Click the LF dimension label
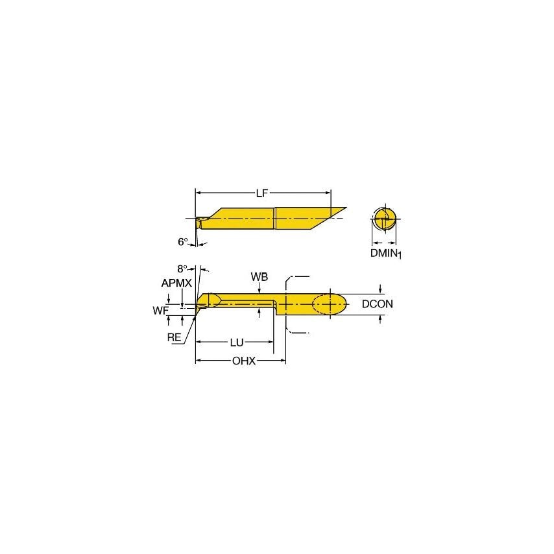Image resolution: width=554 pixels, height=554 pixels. pyautogui.click(x=263, y=193)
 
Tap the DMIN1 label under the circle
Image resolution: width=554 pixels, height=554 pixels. pyautogui.click(x=386, y=254)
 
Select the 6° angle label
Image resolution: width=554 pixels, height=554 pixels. pyautogui.click(x=183, y=241)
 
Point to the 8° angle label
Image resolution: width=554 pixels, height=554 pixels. pyautogui.click(x=182, y=268)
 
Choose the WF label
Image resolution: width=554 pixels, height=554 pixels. pyautogui.click(x=160, y=311)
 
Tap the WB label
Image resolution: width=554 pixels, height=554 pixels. pyautogui.click(x=259, y=277)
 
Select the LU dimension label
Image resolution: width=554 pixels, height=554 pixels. pyautogui.click(x=236, y=341)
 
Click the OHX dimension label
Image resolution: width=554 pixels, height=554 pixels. pyautogui.click(x=244, y=361)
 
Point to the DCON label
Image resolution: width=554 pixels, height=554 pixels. pyautogui.click(x=378, y=304)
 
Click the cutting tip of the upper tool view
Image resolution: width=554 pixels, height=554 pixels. pyautogui.click(x=199, y=220)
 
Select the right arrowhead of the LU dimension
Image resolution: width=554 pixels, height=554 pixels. pyautogui.click(x=271, y=341)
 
